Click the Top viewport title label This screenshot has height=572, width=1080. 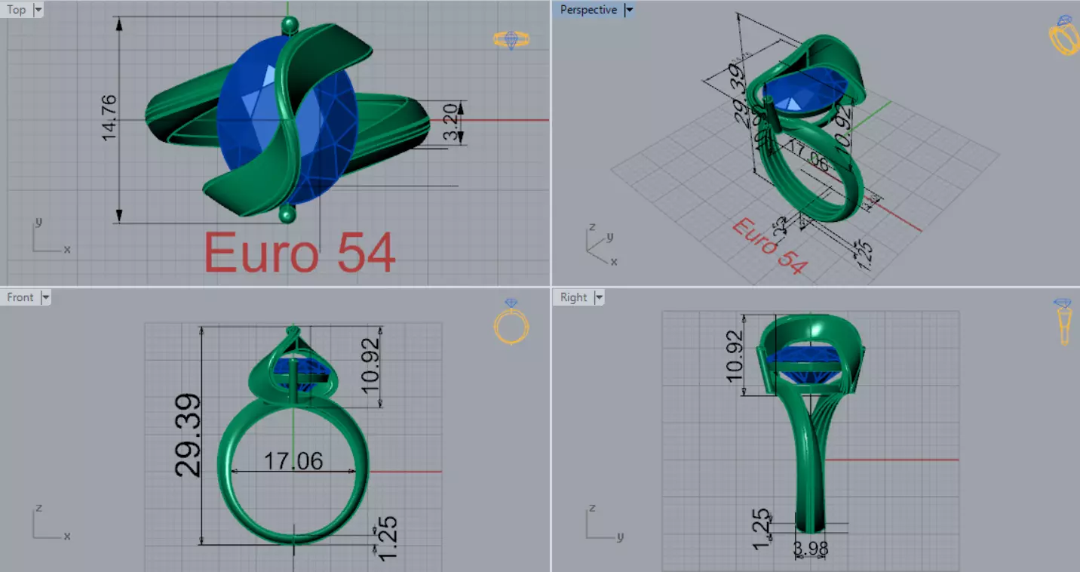17,10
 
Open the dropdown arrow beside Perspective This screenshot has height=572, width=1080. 629,10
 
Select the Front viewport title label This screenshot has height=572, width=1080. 20,297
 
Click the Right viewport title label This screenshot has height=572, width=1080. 573,297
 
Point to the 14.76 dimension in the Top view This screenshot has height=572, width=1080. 109,117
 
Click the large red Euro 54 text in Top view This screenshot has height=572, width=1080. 299,252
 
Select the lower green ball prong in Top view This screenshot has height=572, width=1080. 287,217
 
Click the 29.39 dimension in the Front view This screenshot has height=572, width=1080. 188,434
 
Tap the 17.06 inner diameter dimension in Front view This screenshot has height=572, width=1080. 293,460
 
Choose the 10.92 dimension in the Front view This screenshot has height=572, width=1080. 370,366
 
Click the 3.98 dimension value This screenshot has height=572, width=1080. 811,549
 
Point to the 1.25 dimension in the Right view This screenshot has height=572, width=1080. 762,527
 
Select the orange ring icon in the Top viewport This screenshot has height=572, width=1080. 511,39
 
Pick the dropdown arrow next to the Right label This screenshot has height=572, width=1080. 599,297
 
